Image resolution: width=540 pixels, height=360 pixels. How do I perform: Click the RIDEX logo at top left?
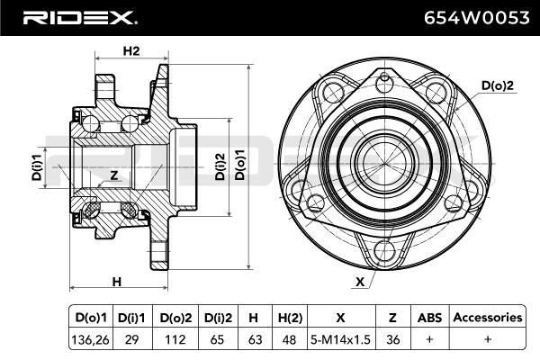79,17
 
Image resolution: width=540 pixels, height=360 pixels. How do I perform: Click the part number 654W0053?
472,17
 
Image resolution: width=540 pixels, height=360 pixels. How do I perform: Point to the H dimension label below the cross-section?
116,283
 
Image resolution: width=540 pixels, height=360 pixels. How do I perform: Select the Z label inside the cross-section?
113,175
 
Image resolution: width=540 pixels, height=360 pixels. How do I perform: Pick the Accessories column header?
487,318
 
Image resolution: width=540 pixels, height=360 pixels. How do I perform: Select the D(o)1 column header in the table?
92,318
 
